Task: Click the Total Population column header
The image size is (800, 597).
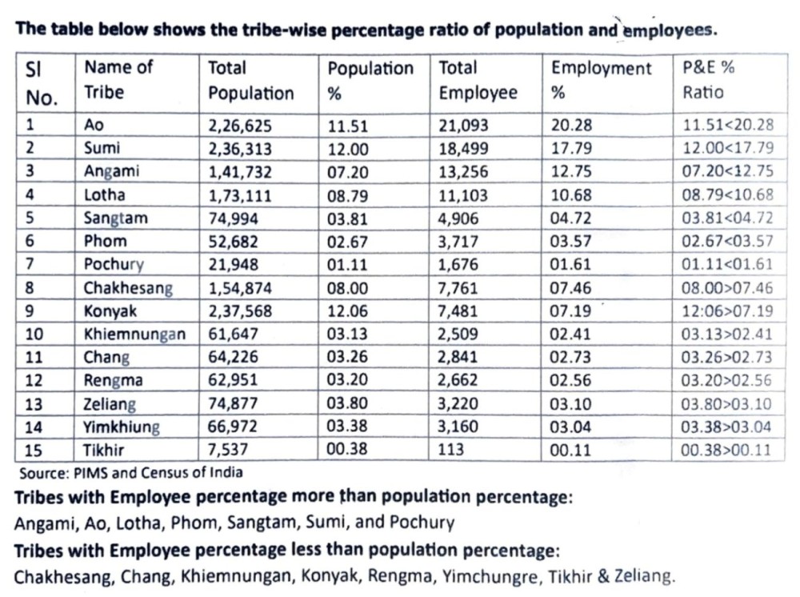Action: point(250,81)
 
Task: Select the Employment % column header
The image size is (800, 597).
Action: point(601,80)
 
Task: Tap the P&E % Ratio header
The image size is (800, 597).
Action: point(708,79)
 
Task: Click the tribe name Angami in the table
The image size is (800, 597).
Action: point(111,171)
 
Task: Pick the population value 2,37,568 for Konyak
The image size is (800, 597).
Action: point(240,311)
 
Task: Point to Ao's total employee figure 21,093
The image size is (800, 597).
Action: point(463,126)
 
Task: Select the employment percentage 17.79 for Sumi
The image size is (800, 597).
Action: point(571,149)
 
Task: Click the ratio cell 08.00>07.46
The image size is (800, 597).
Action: point(727,288)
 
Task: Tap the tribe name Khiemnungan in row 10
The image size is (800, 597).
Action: point(134,335)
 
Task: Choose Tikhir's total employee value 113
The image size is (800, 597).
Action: point(450,450)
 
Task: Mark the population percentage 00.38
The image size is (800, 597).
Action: point(347,449)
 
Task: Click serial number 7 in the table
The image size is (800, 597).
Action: point(30,264)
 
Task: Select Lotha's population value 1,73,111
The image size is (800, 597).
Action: point(239,195)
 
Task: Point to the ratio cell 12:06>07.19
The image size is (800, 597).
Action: point(727,311)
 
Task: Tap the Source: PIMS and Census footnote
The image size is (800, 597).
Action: point(131,473)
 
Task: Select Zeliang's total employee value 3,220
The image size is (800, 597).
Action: point(458,403)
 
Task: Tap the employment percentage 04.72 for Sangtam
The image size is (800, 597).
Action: point(570,218)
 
